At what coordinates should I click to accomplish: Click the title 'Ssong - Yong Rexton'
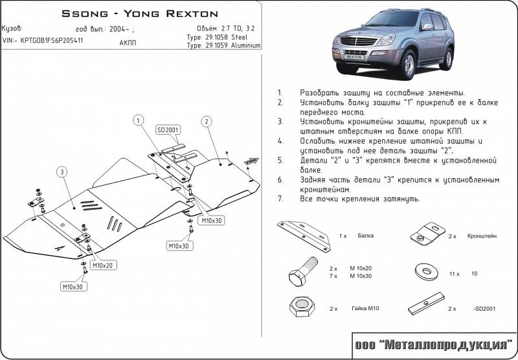[139, 13]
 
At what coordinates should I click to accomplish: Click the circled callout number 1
[138, 119]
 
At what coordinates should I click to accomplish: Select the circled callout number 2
[205, 121]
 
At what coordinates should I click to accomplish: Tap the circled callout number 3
[61, 172]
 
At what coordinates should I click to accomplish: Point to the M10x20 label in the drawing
[102, 265]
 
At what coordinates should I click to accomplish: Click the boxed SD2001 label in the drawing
[167, 130]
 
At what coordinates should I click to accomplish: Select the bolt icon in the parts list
[302, 271]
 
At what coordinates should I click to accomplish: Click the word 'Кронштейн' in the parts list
[482, 237]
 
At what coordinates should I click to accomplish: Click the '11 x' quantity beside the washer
[454, 274]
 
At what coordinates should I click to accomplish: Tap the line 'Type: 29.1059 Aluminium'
[223, 46]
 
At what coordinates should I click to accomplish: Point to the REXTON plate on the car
[354, 57]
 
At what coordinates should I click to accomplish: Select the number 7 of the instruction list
[279, 199]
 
